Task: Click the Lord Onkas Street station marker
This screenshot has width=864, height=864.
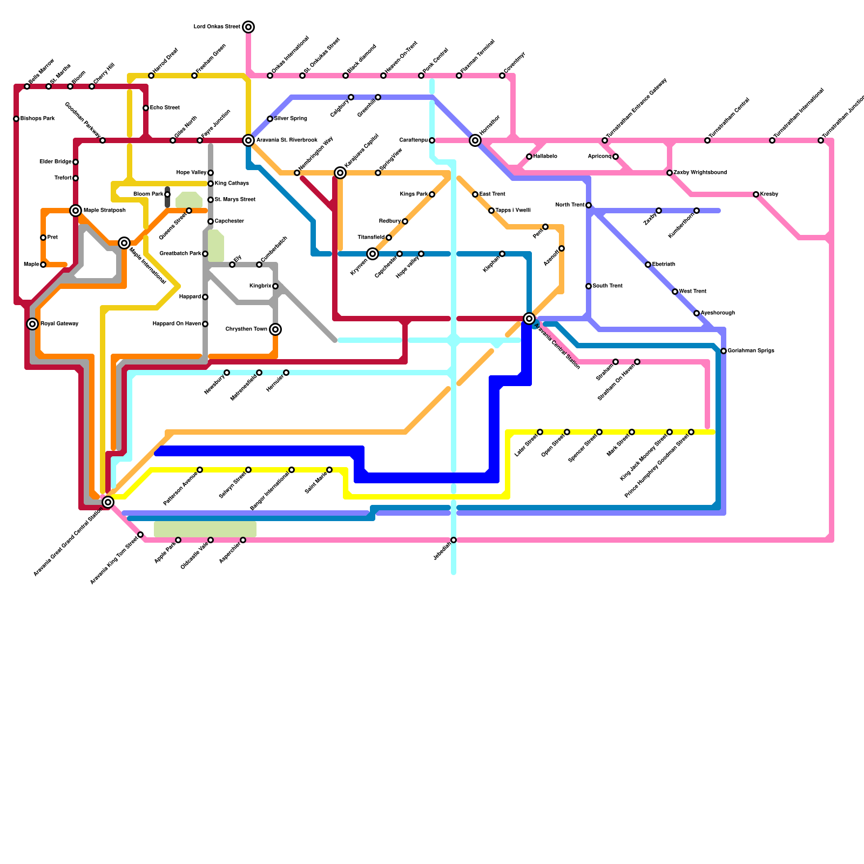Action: [248, 27]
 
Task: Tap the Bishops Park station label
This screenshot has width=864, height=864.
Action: [37, 119]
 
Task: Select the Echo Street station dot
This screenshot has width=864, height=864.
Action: [146, 108]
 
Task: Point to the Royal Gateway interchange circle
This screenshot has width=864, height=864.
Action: [32, 324]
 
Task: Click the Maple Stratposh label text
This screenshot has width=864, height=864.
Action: [105, 211]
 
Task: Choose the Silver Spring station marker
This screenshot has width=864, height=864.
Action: [270, 119]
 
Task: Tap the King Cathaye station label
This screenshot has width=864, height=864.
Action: [232, 184]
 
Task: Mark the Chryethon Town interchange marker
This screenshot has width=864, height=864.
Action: [275, 329]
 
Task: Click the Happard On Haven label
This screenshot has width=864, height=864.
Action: [177, 324]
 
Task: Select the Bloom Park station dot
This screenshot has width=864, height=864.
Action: [167, 194]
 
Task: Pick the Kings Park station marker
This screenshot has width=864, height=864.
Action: [432, 194]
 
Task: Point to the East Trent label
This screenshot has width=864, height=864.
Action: [492, 194]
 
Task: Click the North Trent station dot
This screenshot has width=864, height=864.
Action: [589, 205]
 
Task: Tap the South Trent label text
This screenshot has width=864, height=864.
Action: [607, 286]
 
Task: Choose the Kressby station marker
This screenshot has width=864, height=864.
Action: [756, 194]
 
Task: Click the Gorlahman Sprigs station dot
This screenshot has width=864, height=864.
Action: [724, 351]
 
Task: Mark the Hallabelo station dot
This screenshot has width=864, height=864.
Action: [529, 157]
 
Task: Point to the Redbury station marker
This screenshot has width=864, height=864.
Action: [405, 221]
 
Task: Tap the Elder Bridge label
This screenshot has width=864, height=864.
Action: [55, 162]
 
